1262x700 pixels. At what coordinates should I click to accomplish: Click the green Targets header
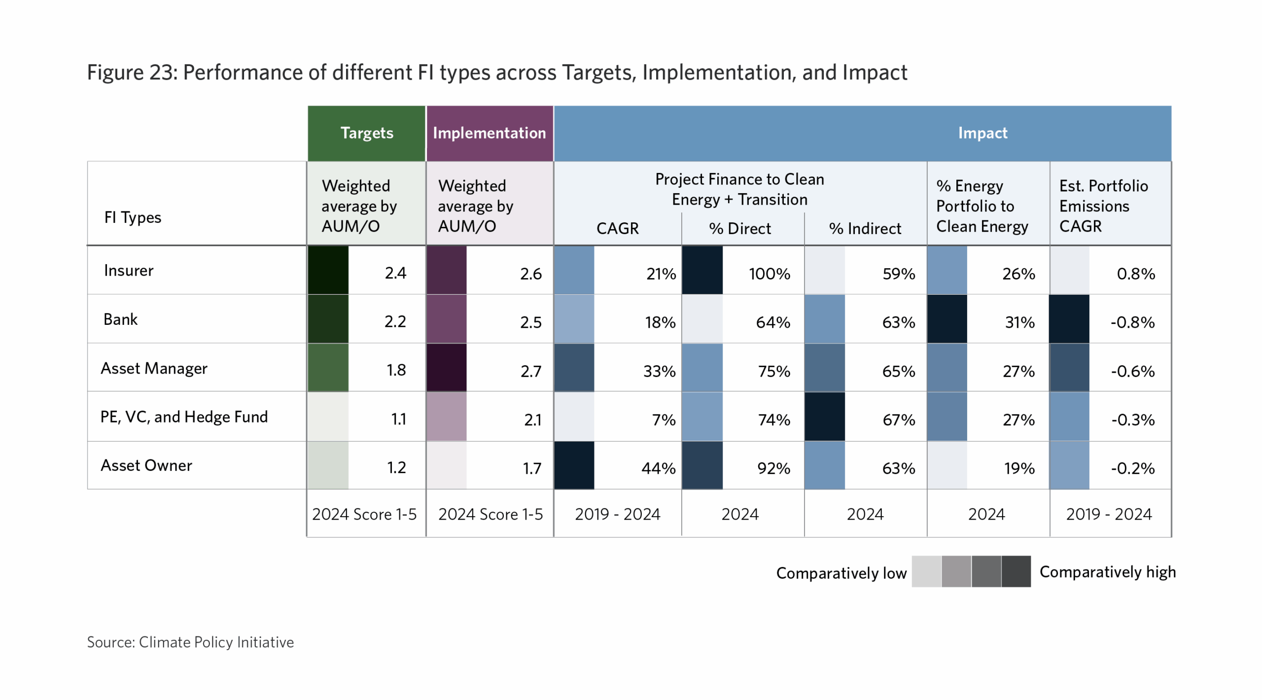(367, 133)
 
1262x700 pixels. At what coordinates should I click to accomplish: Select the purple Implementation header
(490, 133)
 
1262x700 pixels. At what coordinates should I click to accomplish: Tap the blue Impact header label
(982, 133)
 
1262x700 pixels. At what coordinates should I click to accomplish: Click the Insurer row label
(129, 270)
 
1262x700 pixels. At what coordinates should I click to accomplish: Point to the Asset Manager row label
(154, 368)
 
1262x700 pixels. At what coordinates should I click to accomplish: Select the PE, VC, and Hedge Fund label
(184, 417)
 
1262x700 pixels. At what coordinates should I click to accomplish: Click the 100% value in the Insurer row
(770, 274)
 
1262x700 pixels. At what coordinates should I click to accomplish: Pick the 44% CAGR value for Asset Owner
(658, 468)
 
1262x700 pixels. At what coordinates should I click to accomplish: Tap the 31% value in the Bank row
(1020, 322)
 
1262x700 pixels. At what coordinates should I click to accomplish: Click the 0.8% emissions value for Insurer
(1136, 274)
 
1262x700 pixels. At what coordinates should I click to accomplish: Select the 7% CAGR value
(664, 420)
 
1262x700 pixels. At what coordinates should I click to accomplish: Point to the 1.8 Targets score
(396, 370)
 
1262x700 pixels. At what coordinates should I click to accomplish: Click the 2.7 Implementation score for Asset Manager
(531, 371)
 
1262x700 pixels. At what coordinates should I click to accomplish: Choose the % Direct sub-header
(740, 228)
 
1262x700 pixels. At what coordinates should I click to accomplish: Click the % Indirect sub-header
(865, 228)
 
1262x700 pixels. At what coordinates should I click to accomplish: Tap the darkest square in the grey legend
(1016, 571)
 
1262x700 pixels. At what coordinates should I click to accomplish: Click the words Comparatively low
(841, 573)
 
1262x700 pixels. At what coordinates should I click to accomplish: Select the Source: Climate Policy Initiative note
(190, 642)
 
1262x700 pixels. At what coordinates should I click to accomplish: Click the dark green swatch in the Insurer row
(328, 270)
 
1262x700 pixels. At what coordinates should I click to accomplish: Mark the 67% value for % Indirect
(899, 420)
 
